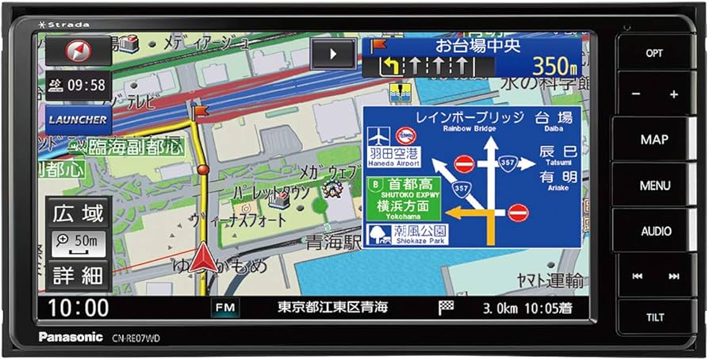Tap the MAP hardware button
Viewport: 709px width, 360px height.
(654, 140)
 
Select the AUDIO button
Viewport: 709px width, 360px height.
(656, 232)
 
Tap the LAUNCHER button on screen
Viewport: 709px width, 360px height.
(79, 119)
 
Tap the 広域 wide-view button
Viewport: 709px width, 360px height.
(78, 213)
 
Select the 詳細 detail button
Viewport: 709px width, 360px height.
(78, 275)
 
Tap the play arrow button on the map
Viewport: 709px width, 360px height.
(333, 54)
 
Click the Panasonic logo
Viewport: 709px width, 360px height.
(71, 337)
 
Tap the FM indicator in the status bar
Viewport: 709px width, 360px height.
(225, 307)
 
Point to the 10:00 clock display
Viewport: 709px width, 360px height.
(79, 307)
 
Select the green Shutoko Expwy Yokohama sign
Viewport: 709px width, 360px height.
(404, 198)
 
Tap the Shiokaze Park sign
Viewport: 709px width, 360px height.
(406, 235)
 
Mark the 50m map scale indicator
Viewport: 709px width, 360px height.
(78, 241)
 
